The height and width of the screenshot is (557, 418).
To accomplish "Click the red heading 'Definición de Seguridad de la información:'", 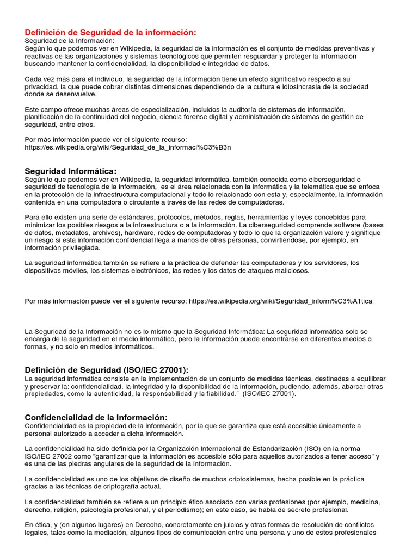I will click(x=110, y=33).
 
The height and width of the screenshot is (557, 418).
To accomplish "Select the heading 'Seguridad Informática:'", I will click(x=71, y=171).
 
